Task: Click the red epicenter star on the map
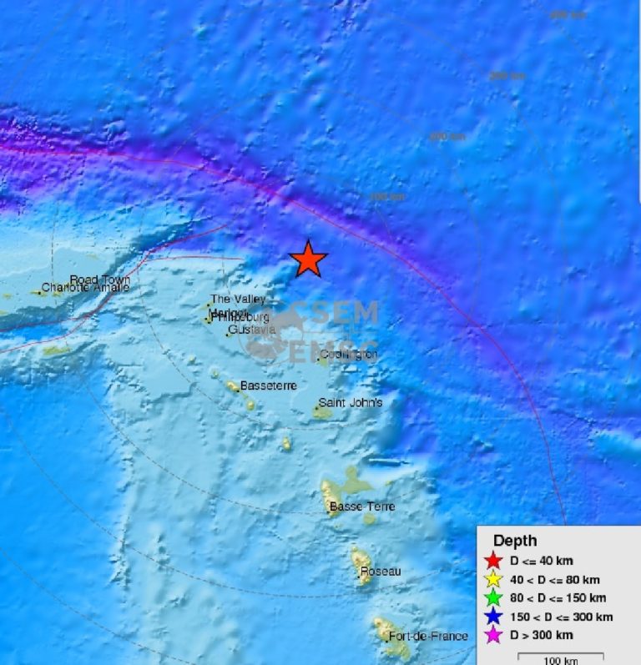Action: tap(308, 259)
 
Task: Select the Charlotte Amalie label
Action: tap(85, 288)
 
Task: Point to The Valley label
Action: tap(238, 299)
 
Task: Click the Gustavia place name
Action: tap(251, 330)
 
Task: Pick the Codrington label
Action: tap(349, 355)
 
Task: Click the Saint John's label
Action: tap(351, 403)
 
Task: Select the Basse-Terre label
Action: tap(362, 506)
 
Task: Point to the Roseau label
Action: tap(381, 572)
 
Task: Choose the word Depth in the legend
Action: tap(515, 541)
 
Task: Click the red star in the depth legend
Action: tap(493, 561)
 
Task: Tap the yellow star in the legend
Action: tap(493, 580)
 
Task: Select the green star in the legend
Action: tap(493, 598)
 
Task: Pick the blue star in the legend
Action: tap(493, 617)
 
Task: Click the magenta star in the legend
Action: tap(493, 636)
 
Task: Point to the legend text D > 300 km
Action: tap(542, 636)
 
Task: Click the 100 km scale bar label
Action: tap(561, 661)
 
